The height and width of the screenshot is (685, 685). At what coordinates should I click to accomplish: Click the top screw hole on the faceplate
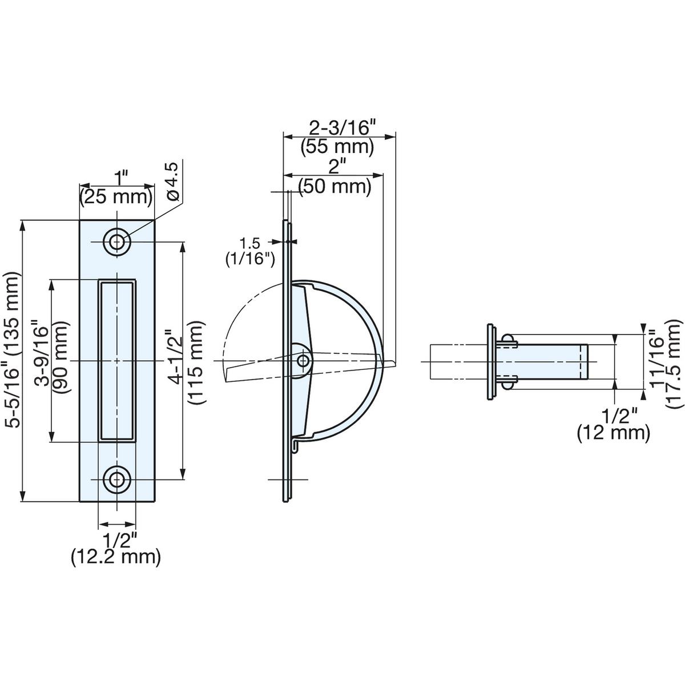pos(117,243)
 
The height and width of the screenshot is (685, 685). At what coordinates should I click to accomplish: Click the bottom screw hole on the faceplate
pos(117,479)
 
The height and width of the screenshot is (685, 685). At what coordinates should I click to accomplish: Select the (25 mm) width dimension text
pos(116,198)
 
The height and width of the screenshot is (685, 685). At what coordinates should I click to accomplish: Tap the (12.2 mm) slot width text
pos(116,557)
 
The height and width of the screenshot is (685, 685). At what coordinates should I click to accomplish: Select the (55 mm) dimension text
pos(337,147)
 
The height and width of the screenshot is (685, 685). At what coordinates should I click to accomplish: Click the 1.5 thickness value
pos(249,243)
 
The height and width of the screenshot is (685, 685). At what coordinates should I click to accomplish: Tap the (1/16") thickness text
pos(250,259)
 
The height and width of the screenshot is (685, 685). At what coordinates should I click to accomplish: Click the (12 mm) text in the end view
pos(614,433)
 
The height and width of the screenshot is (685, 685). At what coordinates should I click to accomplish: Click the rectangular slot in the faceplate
pos(117,360)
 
